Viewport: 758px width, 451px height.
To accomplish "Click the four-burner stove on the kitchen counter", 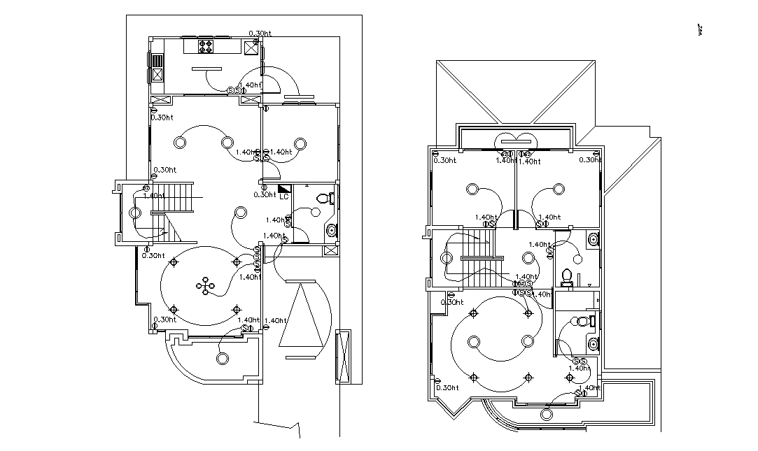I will tap(206, 46).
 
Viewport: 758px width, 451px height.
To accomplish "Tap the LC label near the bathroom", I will tap(283, 197).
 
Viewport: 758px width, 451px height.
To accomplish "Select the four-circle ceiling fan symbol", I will tap(206, 285).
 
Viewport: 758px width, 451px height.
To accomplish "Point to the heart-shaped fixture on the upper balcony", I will tap(517, 140).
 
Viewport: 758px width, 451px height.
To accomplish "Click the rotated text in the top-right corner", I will tap(699, 31).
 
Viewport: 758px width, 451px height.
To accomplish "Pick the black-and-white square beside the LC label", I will tap(284, 189).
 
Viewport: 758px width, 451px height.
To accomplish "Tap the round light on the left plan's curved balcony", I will tap(223, 359).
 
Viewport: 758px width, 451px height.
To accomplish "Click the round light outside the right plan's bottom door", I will tap(546, 414).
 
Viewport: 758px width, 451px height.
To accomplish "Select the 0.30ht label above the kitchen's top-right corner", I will tap(260, 34).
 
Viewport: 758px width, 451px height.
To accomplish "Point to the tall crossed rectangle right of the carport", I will tap(342, 356).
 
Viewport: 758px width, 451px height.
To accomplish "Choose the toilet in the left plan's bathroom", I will tap(323, 198).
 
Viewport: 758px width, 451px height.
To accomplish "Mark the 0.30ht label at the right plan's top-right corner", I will tap(590, 160).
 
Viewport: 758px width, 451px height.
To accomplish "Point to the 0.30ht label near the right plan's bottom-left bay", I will tap(447, 387).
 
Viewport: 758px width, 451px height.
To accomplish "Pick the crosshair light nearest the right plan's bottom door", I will tap(569, 378).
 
